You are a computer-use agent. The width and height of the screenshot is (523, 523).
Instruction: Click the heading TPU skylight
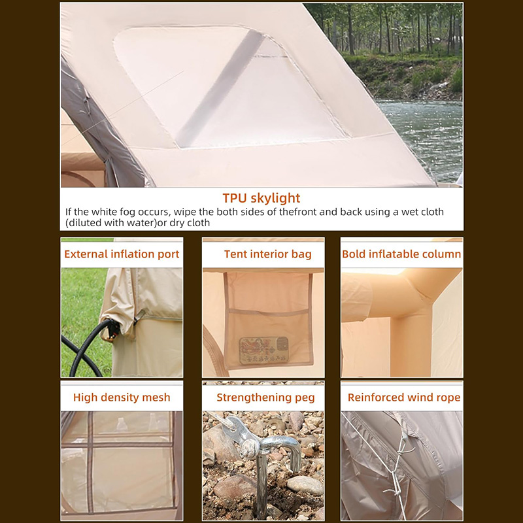click(x=261, y=198)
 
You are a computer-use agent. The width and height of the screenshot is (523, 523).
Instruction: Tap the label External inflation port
click(x=122, y=254)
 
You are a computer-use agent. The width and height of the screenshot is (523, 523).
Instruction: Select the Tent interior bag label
click(x=267, y=254)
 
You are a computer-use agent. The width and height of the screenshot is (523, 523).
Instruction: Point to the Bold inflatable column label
click(x=401, y=254)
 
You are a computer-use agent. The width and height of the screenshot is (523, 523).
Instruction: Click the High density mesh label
click(x=122, y=397)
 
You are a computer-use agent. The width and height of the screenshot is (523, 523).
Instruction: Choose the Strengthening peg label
click(x=265, y=397)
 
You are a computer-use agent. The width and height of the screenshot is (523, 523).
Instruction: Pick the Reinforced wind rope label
click(x=404, y=397)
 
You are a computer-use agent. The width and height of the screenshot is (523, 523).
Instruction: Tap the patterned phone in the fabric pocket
click(x=264, y=350)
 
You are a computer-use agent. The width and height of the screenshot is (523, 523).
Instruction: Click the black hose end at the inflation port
click(x=112, y=328)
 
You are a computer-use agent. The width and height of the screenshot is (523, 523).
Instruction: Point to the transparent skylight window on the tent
click(x=230, y=88)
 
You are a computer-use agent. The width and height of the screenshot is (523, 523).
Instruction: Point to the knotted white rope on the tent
click(x=397, y=467)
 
